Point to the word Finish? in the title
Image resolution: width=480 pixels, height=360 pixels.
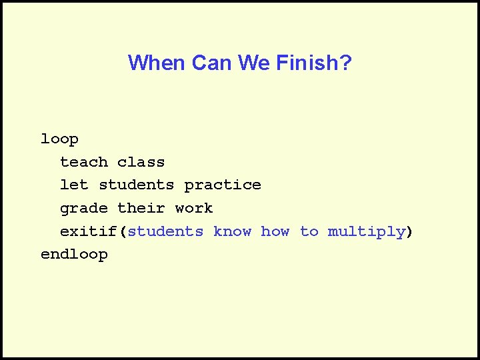click(313, 63)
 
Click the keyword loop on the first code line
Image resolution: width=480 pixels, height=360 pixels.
click(59, 139)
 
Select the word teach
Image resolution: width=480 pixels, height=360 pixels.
click(83, 162)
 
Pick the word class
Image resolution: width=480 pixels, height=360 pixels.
click(141, 162)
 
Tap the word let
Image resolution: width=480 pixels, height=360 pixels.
click(74, 185)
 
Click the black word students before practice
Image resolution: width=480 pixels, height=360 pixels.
click(137, 185)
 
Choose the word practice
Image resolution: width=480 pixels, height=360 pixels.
click(223, 185)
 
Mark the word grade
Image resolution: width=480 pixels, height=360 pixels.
click(83, 209)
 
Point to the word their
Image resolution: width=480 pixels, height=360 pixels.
click(141, 208)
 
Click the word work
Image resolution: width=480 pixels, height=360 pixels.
click(194, 208)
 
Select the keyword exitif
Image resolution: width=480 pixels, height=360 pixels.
click(89, 231)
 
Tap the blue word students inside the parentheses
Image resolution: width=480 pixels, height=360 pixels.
click(165, 231)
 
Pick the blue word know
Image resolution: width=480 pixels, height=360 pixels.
click(232, 231)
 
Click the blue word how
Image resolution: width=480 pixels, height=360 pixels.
click(275, 231)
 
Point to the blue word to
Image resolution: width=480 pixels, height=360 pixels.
click(309, 231)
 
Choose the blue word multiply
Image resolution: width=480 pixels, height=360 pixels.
click(366, 232)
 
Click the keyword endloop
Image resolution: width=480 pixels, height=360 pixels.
click(74, 255)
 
